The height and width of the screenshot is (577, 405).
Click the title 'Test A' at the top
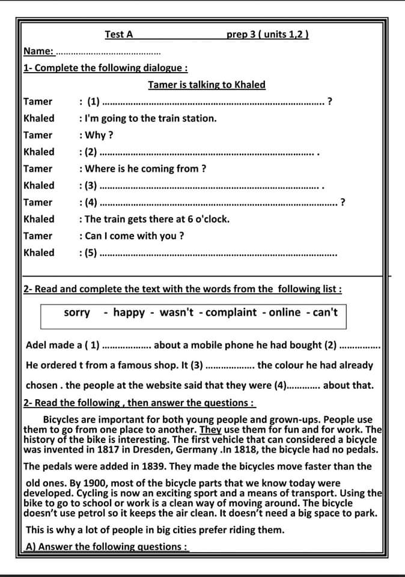pos(118,34)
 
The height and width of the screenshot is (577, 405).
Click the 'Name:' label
pos(38,51)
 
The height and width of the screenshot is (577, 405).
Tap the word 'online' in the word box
pos(284,313)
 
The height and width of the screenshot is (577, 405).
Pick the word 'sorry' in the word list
pos(77,313)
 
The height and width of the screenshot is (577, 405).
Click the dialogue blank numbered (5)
pos(216,253)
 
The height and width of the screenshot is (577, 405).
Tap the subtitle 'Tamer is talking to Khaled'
pos(206,85)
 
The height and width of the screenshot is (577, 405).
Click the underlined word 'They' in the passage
pos(210,430)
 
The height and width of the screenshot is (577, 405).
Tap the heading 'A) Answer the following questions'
pos(107,547)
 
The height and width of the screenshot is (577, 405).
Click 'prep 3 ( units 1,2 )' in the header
pos(267,34)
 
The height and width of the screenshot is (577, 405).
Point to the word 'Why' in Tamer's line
pos(97,135)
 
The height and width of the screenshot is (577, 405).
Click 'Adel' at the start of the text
pos(37,346)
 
